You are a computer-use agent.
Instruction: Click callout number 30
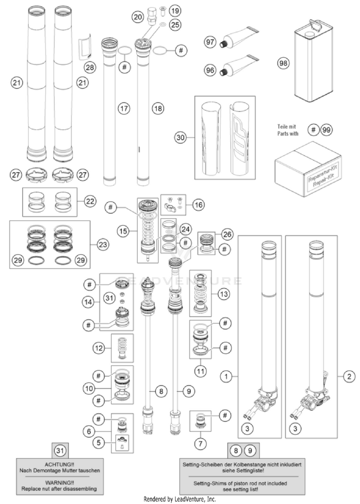point(180,137)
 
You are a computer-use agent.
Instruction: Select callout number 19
point(174,10)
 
